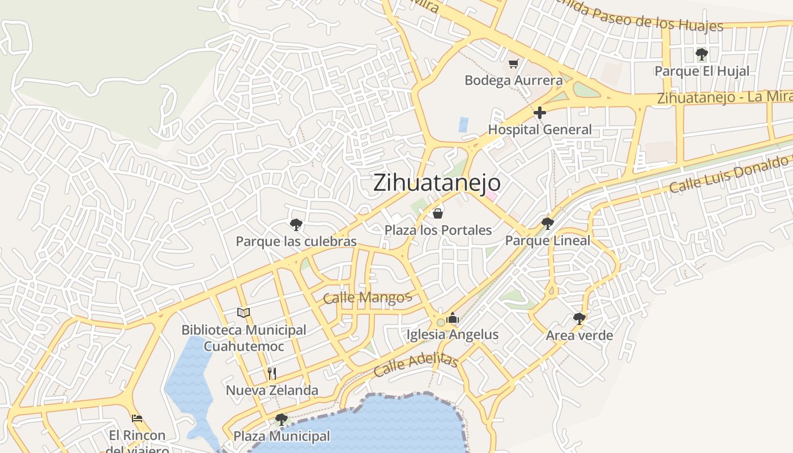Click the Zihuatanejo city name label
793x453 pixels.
click(x=437, y=183)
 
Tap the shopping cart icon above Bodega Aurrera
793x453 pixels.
click(x=513, y=63)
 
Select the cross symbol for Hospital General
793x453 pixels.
click(x=540, y=112)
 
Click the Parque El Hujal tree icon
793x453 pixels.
click(x=702, y=54)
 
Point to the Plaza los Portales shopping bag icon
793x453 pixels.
click(x=438, y=213)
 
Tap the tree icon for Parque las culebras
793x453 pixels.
click(x=296, y=225)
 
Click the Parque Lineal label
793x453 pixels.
click(x=547, y=241)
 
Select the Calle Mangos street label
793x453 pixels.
click(x=367, y=297)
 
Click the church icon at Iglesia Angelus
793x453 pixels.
click(x=452, y=318)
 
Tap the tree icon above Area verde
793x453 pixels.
click(x=579, y=318)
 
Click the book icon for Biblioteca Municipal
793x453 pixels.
click(x=244, y=313)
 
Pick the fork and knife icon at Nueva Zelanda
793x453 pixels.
click(x=272, y=373)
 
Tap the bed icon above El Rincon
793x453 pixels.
click(x=137, y=418)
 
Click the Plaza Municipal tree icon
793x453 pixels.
click(x=281, y=420)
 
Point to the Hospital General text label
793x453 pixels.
click(x=539, y=130)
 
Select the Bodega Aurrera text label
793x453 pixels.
click(x=514, y=80)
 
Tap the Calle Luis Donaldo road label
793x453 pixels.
click(x=731, y=173)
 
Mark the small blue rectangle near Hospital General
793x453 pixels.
click(x=463, y=125)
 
